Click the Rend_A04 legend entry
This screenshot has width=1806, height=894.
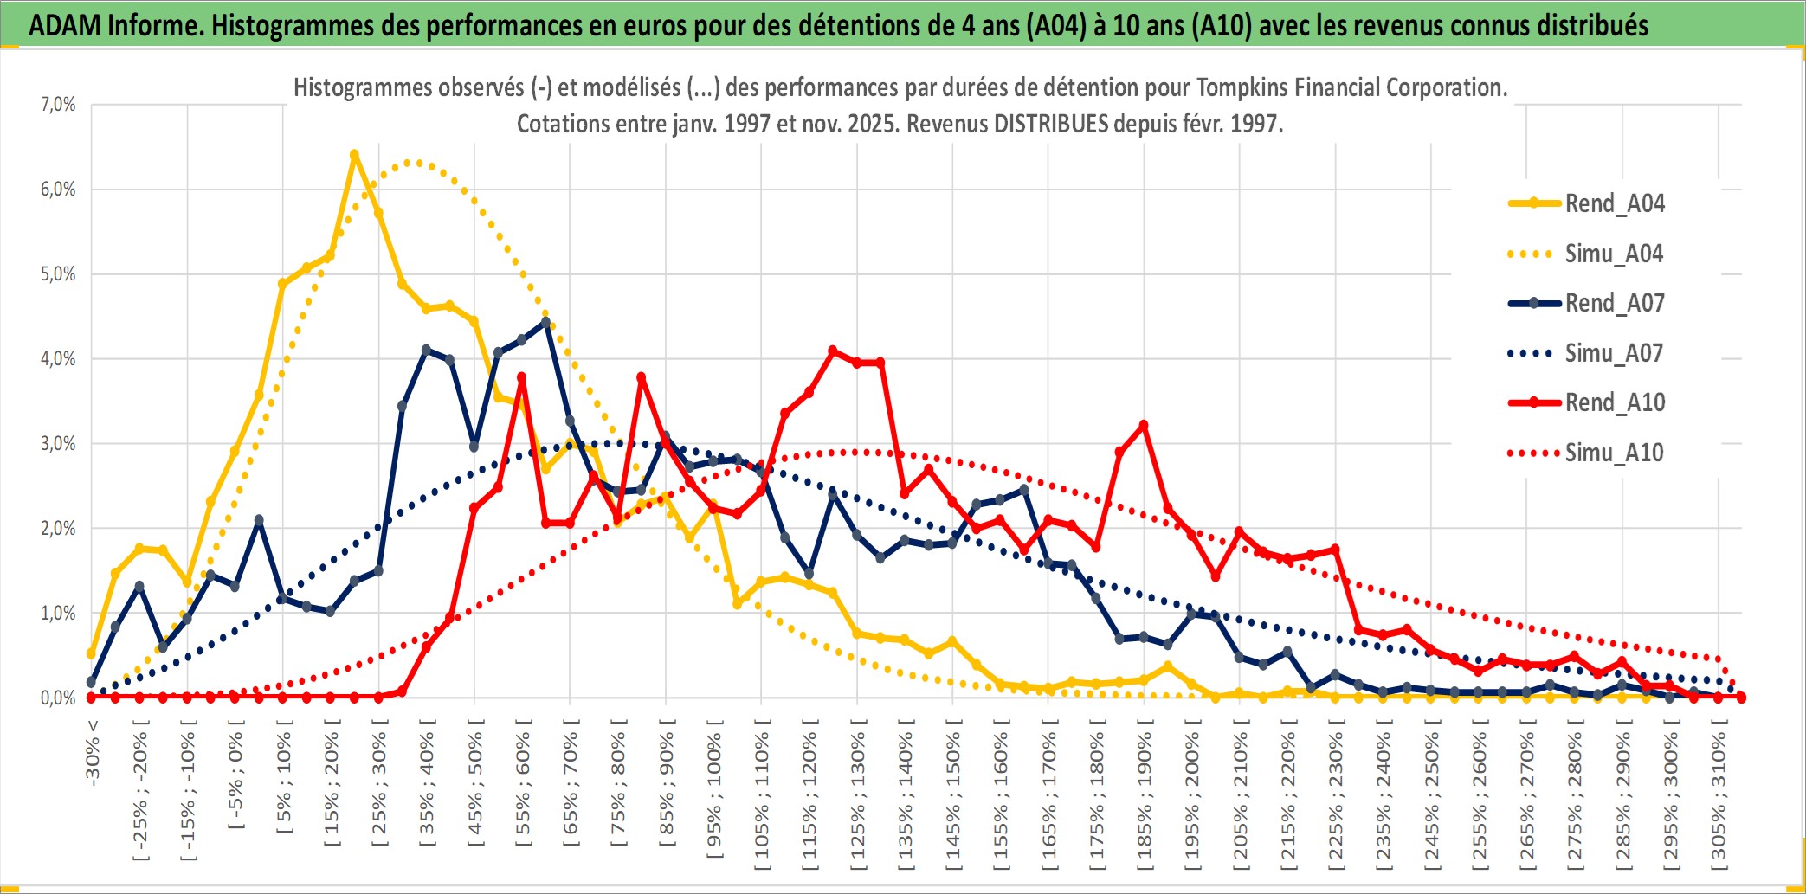pos(1614,203)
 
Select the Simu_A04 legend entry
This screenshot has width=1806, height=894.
pos(1614,254)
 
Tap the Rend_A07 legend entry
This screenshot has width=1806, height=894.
pos(1614,303)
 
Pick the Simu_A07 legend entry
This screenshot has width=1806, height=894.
pos(1614,353)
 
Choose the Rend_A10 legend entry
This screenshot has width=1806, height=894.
pos(1614,402)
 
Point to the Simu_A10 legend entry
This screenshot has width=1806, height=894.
pos(1614,453)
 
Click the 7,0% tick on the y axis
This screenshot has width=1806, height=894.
pos(58,105)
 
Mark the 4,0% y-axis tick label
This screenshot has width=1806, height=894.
pos(58,358)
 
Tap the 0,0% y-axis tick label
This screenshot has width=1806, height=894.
pos(58,698)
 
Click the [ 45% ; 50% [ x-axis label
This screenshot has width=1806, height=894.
pos(475,788)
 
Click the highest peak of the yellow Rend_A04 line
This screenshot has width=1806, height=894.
pos(354,155)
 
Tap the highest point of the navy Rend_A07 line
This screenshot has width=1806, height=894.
pos(545,322)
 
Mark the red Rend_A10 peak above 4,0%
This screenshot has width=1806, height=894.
pos(833,351)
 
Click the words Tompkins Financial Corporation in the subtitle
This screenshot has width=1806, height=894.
pos(1351,87)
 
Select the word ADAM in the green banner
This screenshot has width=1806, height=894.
pos(65,25)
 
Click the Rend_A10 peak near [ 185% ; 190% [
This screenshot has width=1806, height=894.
pos(1144,425)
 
